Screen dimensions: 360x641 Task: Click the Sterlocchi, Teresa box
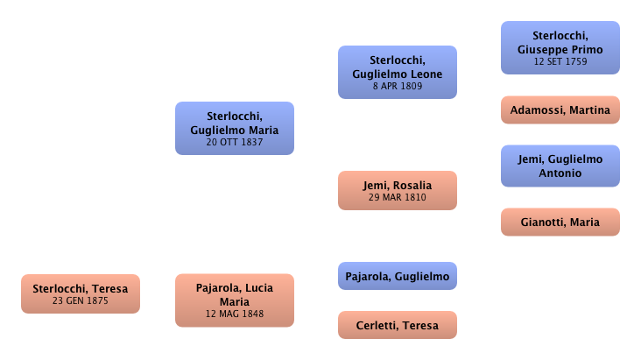80,293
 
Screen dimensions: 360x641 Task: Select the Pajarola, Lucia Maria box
234,300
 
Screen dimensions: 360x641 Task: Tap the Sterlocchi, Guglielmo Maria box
234,128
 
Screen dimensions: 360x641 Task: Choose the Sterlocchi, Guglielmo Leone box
398,72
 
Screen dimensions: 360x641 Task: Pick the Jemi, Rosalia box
398,190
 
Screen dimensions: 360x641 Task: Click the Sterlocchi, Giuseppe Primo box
560,47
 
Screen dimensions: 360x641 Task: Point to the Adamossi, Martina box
560,109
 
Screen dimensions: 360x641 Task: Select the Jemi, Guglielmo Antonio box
560,166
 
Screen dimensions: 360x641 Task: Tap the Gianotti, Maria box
560,222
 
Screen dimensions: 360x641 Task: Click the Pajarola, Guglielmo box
398,277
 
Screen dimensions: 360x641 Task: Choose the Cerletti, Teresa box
398,327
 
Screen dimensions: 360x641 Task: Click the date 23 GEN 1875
80,301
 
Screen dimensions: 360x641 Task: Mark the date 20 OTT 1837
234,143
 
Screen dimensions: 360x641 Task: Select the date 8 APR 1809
398,87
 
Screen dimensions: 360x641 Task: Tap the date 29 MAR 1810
398,198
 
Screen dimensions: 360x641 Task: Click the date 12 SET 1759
560,62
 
